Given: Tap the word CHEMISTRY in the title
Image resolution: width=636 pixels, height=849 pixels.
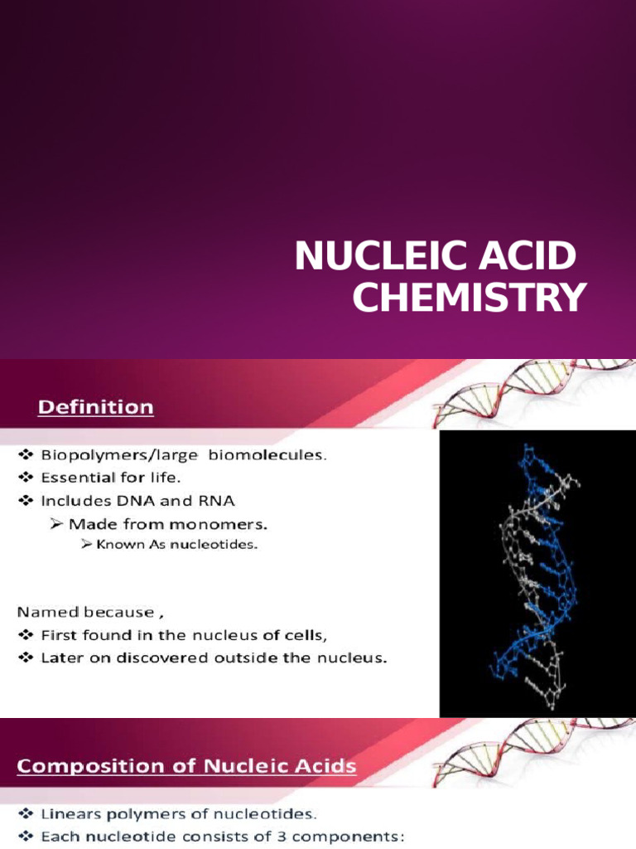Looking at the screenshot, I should tap(470, 298).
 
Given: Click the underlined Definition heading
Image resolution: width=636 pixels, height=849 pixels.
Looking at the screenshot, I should tap(97, 407).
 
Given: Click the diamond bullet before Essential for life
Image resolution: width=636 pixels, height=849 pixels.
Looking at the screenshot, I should tap(24, 478).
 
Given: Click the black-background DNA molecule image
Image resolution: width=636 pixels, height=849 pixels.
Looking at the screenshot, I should tap(537, 572).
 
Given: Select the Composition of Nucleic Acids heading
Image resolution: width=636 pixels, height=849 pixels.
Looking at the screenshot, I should tap(187, 766).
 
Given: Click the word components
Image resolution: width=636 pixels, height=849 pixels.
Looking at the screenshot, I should tap(351, 837).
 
